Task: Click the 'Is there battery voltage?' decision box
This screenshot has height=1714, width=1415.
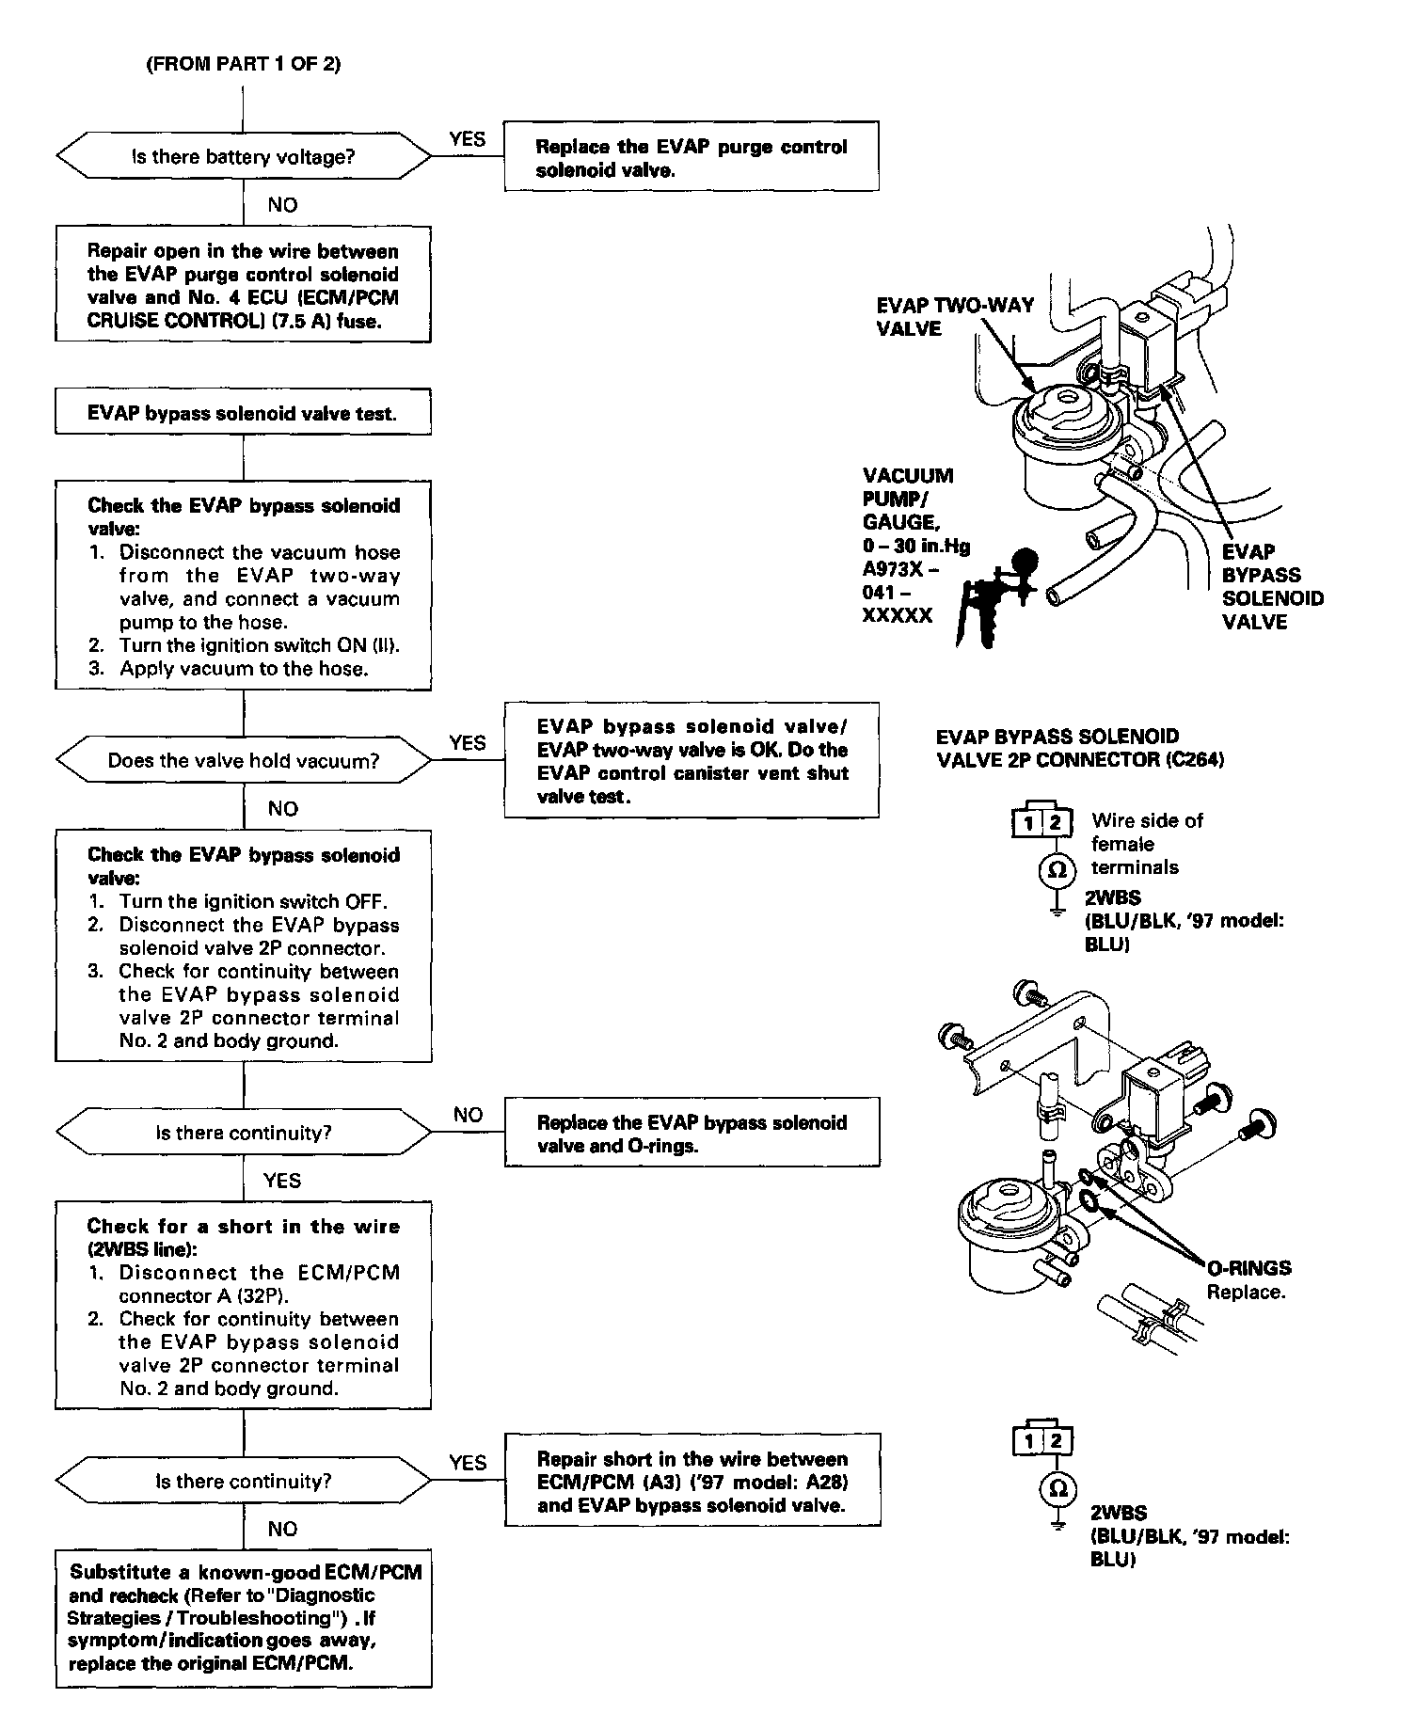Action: coord(243,156)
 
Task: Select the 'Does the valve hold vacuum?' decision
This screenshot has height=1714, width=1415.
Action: coord(243,760)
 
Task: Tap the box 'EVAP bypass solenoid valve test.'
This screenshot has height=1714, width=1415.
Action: coord(243,413)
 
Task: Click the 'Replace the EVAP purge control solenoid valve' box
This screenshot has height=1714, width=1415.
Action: coord(692,157)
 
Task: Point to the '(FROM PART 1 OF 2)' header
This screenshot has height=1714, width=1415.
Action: coord(243,64)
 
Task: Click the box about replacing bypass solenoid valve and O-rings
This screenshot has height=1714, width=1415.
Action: coord(692,1134)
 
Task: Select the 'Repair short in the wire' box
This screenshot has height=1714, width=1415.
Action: coord(692,1482)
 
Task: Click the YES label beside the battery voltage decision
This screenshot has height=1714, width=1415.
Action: coord(468,139)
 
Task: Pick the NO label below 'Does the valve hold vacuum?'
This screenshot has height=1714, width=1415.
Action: coord(282,809)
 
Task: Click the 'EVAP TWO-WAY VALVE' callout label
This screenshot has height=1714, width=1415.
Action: coord(955,317)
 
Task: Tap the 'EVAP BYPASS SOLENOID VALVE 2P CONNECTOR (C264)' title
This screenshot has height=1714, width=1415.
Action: coord(1080,748)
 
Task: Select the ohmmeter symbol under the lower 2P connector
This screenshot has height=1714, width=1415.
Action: coord(1057,1489)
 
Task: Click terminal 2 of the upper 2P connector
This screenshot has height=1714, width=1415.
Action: coord(1057,824)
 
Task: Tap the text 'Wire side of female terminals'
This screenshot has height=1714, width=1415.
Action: coord(1146,844)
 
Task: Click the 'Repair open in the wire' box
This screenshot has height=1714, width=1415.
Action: coord(243,286)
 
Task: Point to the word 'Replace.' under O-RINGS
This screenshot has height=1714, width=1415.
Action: coord(1246,1292)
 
